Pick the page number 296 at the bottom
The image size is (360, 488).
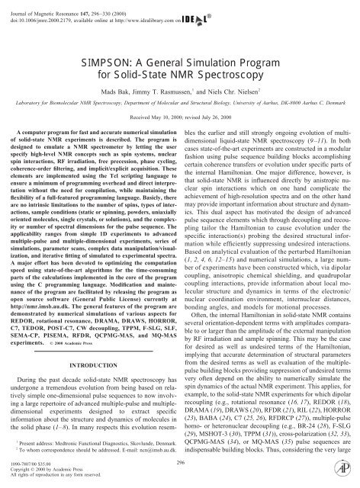tap(181, 462)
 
